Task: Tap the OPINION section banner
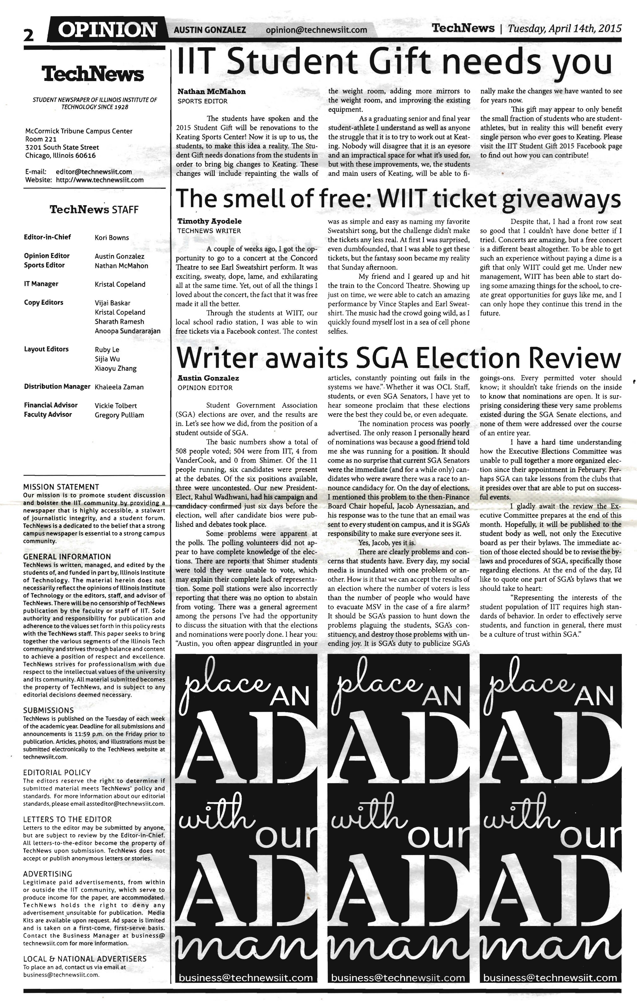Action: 107,30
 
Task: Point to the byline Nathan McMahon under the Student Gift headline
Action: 212,91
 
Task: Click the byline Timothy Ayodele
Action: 209,221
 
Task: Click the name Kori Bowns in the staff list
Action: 112,238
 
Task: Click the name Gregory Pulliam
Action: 119,415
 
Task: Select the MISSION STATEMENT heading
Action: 61,487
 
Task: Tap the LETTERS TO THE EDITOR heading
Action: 67,819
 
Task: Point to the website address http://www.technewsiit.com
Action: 100,180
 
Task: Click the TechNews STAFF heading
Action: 94,209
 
